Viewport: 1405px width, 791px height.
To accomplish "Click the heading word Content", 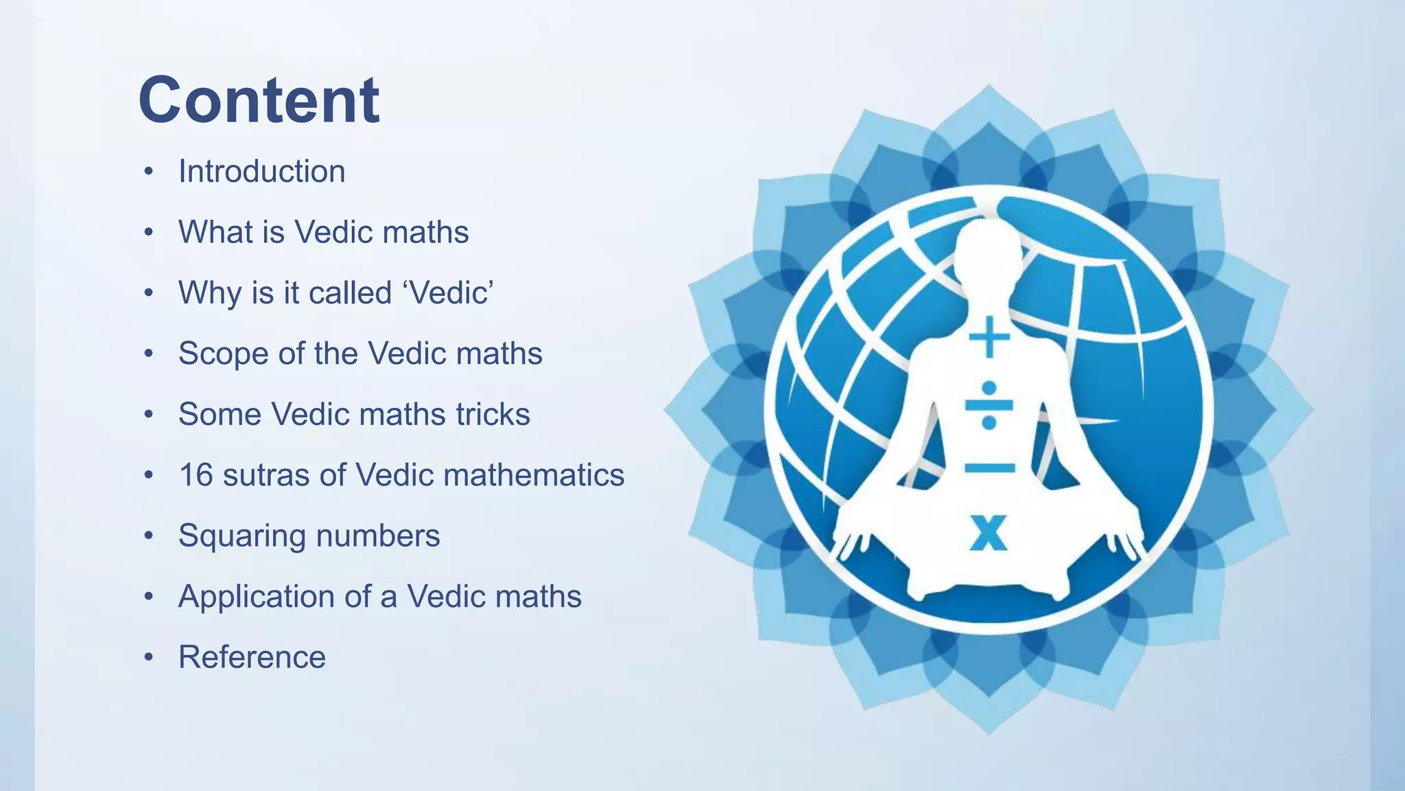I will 259,100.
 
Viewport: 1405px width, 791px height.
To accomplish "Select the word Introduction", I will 261,172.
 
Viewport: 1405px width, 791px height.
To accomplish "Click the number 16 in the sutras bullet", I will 196,475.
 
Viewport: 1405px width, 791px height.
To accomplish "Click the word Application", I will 256,597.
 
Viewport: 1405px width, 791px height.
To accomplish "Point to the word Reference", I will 252,657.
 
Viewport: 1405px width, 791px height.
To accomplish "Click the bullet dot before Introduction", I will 148,172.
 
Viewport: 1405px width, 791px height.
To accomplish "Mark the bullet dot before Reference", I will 148,657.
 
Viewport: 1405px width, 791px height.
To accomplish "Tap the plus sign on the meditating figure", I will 989,337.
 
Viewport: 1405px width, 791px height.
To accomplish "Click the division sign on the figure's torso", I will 989,404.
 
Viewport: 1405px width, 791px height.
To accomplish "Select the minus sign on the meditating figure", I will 989,468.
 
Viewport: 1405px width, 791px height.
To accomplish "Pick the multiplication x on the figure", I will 989,532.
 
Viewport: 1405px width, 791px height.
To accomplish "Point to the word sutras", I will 265,475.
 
